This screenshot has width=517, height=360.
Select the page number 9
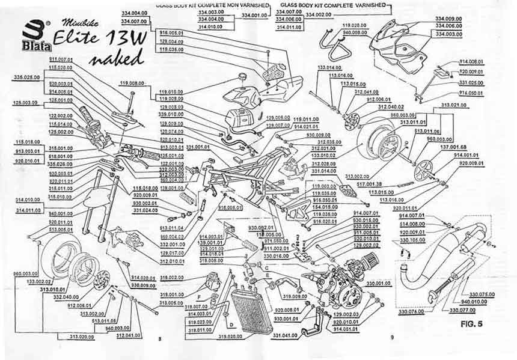pyautogui.click(x=391, y=338)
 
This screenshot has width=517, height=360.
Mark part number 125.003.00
pyautogui.click(x=25, y=103)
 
